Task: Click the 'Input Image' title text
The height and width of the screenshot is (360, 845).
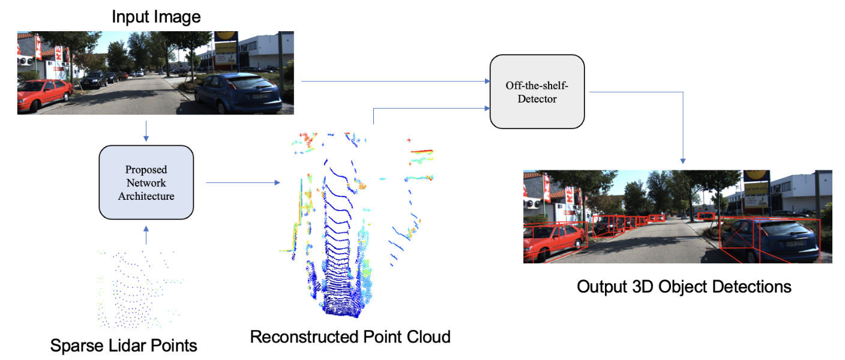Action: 156,17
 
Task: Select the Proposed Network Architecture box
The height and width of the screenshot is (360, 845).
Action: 146,182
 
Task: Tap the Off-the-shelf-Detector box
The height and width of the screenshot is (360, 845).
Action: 537,91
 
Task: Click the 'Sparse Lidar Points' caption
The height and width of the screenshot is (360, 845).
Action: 124,346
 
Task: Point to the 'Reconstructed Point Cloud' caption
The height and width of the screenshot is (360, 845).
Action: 350,337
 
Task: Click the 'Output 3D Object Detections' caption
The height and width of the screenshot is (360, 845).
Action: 684,287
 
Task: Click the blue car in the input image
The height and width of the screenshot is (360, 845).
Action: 240,93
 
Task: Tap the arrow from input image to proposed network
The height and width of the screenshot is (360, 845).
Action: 146,131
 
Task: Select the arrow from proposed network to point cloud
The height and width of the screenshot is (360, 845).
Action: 242,182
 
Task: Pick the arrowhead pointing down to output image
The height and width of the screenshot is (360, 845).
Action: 683,160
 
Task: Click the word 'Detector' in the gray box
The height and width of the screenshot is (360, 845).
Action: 537,99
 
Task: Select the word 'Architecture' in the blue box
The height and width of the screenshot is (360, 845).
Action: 146,196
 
